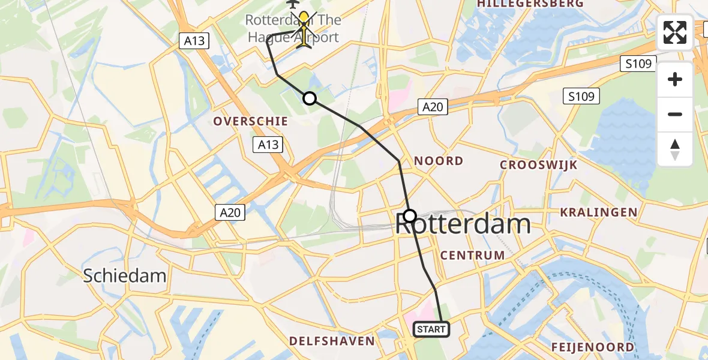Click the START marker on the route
coord(431,329)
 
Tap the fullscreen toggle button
coord(675,32)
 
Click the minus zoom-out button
coord(675,114)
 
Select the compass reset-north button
coord(675,149)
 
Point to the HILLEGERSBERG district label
coord(530,4)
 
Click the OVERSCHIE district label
coord(251,121)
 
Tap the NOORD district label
coord(439,161)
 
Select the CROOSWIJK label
coord(538,165)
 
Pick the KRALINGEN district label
coord(598,212)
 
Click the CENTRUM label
coord(472,255)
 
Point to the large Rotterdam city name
coord(463,225)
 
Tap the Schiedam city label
coord(124,275)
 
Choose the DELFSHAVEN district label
coord(331,341)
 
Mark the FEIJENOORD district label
coord(592,347)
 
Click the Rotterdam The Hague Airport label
coord(293,29)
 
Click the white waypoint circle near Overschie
coord(309,98)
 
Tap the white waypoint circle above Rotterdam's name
coord(410,215)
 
